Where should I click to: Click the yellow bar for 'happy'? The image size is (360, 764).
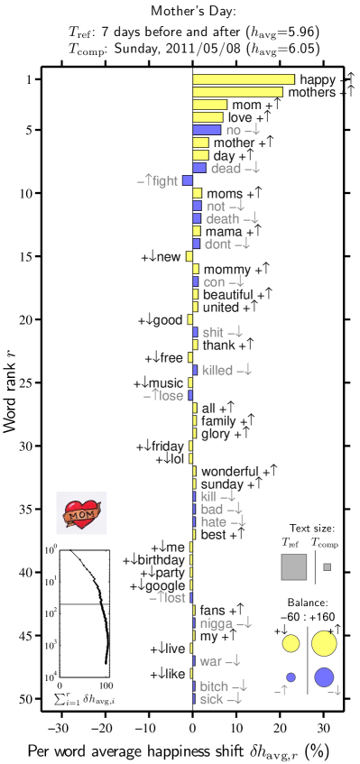244,79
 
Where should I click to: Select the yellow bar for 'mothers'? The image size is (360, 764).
237,92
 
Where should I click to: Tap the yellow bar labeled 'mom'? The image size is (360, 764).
209,105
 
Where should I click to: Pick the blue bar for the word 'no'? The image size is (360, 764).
207,130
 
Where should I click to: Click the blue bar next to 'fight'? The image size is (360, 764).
188,180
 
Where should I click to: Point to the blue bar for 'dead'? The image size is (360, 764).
199,168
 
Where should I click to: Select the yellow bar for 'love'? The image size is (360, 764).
208,117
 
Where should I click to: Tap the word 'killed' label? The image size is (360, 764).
217,370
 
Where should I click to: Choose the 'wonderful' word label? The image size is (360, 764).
229,471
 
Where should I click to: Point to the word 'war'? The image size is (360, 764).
211,661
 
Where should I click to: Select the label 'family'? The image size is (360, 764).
218,421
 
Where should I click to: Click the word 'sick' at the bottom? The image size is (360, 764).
211,699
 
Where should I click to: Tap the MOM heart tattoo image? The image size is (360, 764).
81,513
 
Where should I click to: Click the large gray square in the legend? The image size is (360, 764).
294,567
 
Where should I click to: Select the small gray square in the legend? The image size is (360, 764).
327,566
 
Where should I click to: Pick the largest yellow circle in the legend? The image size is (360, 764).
324,643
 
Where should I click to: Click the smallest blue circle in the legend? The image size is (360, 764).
291,677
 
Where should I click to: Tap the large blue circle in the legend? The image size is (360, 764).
324,677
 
